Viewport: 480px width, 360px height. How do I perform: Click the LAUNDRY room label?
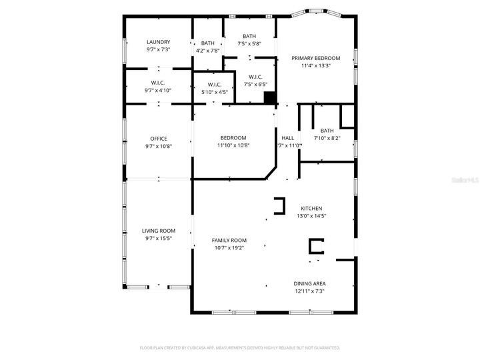pos(158,42)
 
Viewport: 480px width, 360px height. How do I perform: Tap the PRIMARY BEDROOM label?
pos(316,58)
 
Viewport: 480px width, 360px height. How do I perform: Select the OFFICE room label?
pos(158,139)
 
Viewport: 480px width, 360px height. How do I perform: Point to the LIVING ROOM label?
pos(158,231)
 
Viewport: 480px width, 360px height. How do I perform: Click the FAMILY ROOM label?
pos(229,240)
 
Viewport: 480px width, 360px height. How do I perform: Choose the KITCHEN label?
pos(311,208)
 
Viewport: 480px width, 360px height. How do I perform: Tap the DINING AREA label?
pos(310,283)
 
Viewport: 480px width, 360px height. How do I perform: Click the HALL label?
pos(287,138)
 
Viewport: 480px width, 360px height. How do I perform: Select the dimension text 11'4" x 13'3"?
pos(316,66)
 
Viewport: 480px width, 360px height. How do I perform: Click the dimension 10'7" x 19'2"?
pos(229,248)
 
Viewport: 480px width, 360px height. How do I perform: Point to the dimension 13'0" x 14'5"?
pos(311,216)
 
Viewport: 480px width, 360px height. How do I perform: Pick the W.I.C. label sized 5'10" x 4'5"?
pos(215,85)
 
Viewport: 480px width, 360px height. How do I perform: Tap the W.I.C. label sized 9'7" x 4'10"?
pos(158,83)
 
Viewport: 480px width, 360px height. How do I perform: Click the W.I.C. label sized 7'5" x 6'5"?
pos(255,77)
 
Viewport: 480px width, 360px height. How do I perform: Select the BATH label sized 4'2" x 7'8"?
pos(208,43)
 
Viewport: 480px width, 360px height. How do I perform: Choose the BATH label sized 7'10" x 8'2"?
pos(327,131)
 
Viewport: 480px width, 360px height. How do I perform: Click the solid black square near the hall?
pos(270,98)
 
